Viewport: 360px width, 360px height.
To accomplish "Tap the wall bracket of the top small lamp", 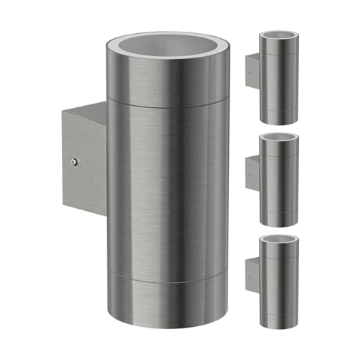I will (253, 71).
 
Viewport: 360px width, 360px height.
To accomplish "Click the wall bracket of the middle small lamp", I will (253, 174).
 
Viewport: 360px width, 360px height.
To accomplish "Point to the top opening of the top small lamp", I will (280, 35).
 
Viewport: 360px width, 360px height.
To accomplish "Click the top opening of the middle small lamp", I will (280, 138).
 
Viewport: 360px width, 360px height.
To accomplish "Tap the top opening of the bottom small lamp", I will (280, 242).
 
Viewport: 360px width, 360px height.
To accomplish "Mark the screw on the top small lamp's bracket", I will (250, 71).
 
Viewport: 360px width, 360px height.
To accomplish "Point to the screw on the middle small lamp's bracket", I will (250, 174).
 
